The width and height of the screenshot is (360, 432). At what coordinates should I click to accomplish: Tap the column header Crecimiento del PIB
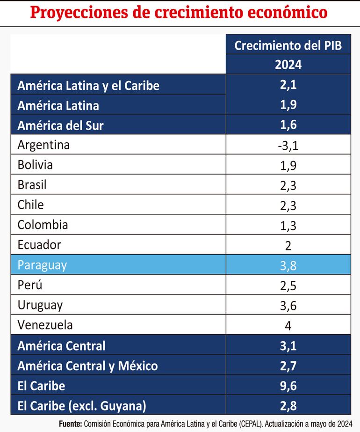coord(288,45)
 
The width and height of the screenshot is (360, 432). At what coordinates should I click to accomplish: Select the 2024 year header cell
coord(288,65)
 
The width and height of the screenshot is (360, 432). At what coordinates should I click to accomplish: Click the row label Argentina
coord(43,145)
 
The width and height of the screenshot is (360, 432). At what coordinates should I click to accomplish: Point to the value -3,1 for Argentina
coord(288,146)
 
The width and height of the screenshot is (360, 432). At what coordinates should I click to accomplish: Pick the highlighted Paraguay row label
coord(42,265)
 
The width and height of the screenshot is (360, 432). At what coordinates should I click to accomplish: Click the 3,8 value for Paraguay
coord(288,265)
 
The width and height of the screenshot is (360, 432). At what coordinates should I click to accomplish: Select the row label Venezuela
coord(45,324)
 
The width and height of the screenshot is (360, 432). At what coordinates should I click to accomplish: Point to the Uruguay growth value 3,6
coord(288,305)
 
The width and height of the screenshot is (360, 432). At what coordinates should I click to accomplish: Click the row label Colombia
coord(43,225)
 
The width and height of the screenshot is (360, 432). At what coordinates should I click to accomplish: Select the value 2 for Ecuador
coord(288,245)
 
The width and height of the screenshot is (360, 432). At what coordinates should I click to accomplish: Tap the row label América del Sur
coord(60,125)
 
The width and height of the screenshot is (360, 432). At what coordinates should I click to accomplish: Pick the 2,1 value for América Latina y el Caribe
coord(288,86)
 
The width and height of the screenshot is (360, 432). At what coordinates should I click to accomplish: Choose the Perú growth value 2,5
coord(288,285)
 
